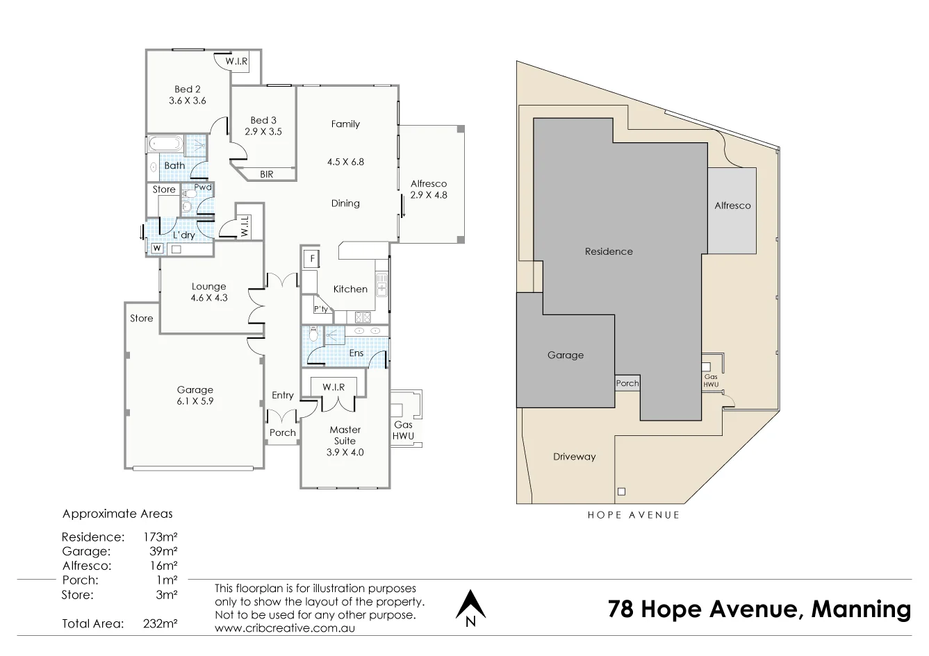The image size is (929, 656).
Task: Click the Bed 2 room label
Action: point(188,89)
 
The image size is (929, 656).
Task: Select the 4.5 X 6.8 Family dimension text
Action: point(345,162)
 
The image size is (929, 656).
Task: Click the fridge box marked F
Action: point(313,260)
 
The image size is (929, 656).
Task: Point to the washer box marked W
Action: point(156,249)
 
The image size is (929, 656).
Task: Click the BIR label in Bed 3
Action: point(267,174)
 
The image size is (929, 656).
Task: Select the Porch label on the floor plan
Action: point(283,432)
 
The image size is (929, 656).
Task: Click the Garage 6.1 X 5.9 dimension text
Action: point(195,401)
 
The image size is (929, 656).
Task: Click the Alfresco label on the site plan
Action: point(732,205)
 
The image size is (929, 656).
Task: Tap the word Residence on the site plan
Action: point(609,251)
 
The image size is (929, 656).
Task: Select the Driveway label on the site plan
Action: point(574,457)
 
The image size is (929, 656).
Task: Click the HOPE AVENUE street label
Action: point(633,515)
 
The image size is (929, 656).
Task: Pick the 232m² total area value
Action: point(163,623)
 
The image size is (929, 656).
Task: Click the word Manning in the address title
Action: point(861,609)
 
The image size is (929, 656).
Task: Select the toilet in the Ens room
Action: point(314,335)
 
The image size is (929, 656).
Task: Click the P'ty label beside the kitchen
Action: point(321,309)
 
